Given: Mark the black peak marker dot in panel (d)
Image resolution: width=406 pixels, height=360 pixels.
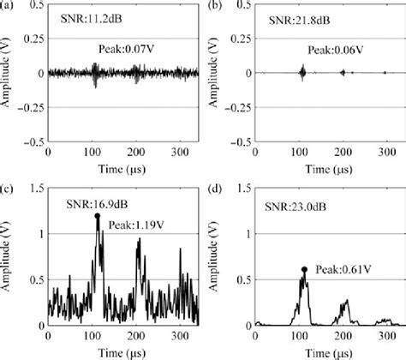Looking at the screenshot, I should [304, 269].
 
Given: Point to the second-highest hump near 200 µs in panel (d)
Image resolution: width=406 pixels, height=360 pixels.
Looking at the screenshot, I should [345, 302].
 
